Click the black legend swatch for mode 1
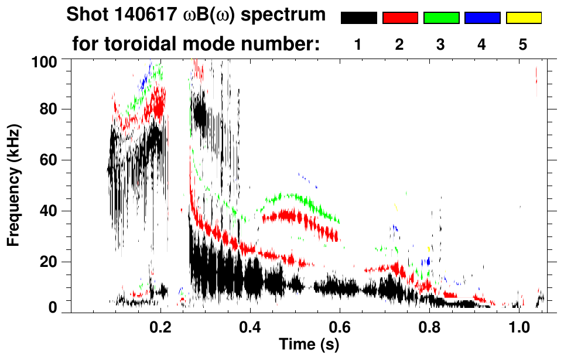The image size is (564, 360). pyautogui.click(x=358, y=18)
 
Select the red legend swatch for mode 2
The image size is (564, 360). pyautogui.click(x=400, y=18)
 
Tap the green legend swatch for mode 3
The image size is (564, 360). pyautogui.click(x=441, y=18)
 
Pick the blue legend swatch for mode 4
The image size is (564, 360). pyautogui.click(x=482, y=18)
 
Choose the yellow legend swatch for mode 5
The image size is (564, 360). pyautogui.click(x=524, y=18)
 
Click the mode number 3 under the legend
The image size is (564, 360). pyautogui.click(x=441, y=44)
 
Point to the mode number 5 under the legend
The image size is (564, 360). pyautogui.click(x=523, y=44)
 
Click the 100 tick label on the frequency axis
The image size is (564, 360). pyautogui.click(x=44, y=60)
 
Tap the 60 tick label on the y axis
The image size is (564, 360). pyautogui.click(x=47, y=160)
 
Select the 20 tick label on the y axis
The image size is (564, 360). pyautogui.click(x=47, y=262)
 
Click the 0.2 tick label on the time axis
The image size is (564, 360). pyautogui.click(x=161, y=326)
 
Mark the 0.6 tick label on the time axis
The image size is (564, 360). pyautogui.click(x=340, y=326)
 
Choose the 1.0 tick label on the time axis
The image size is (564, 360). pyautogui.click(x=519, y=326)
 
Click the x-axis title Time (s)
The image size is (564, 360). pyautogui.click(x=309, y=345)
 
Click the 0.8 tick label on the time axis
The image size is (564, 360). pyautogui.click(x=429, y=326)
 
